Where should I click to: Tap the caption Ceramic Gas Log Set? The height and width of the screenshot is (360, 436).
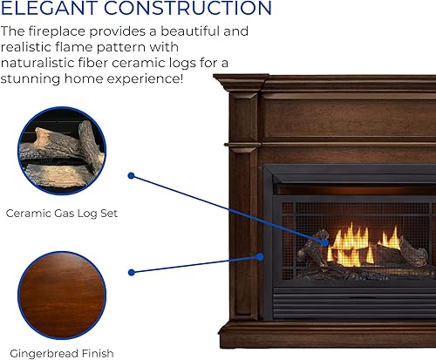61,212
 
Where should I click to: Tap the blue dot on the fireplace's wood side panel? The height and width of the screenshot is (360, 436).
261,255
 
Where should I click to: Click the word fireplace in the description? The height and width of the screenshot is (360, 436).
59,31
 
